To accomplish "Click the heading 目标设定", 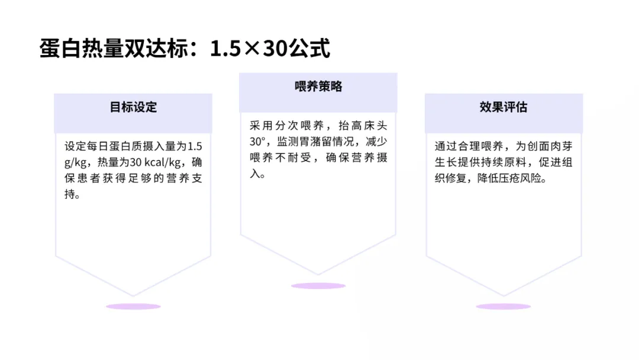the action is [x=133, y=107].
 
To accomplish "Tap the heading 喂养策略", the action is [x=318, y=86].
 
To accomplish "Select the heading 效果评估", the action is [x=504, y=107].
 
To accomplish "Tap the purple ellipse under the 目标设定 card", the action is [x=133, y=306].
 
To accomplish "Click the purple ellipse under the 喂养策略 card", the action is [x=318, y=285].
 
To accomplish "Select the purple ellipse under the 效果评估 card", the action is [x=504, y=306].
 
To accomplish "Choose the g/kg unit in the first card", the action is [x=75, y=162].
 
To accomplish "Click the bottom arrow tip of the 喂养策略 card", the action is [x=318, y=274].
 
